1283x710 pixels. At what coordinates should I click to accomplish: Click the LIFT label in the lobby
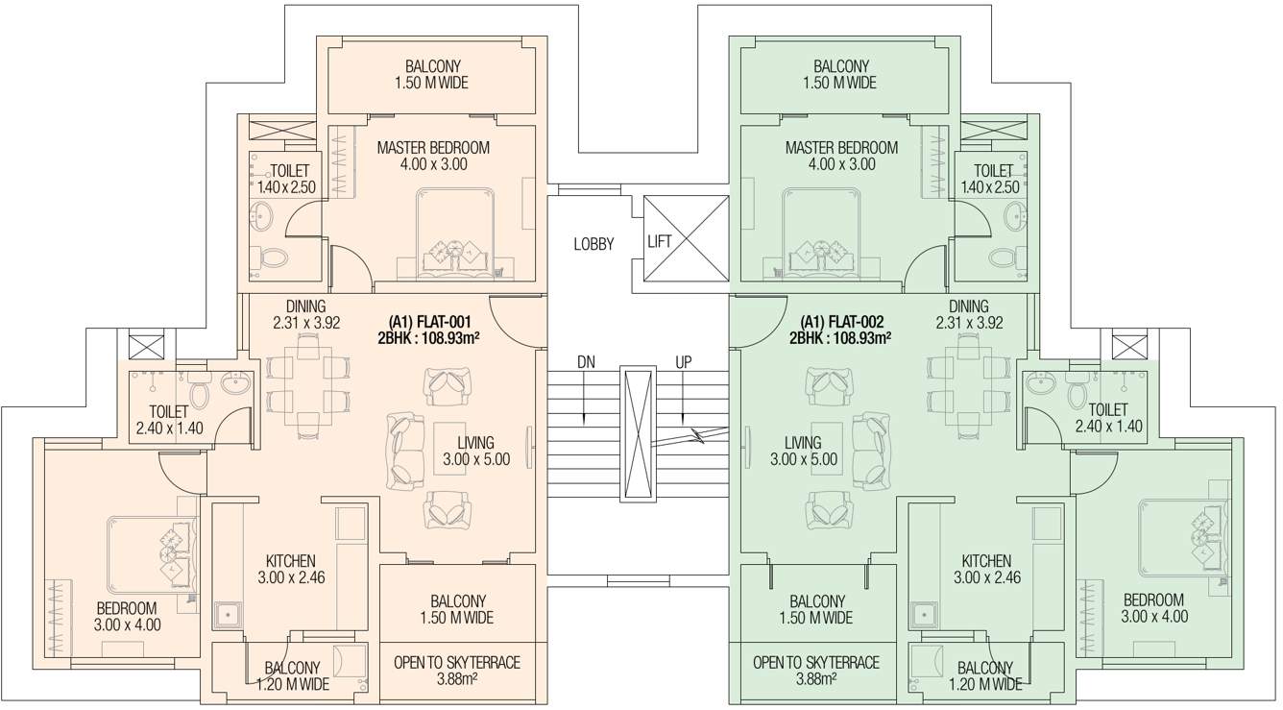pos(659,242)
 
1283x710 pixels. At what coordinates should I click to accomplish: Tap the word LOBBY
pos(593,244)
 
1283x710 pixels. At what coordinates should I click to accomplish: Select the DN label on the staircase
pos(586,363)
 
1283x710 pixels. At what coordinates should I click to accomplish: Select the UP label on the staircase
pos(684,363)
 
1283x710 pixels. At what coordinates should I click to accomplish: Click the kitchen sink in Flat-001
pos(227,614)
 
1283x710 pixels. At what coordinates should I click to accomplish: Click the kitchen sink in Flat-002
pos(924,614)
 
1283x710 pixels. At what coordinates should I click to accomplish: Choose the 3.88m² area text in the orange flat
pos(457,678)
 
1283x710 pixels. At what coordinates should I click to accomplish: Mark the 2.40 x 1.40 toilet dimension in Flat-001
pos(169,428)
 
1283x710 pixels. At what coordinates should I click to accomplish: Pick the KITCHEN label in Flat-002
pos(986,561)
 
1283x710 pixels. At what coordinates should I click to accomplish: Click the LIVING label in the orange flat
pos(475,443)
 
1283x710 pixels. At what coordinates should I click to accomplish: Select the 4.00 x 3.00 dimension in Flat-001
pos(433,164)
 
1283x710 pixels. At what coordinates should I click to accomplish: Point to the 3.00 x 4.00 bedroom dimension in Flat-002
pos(1154,616)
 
